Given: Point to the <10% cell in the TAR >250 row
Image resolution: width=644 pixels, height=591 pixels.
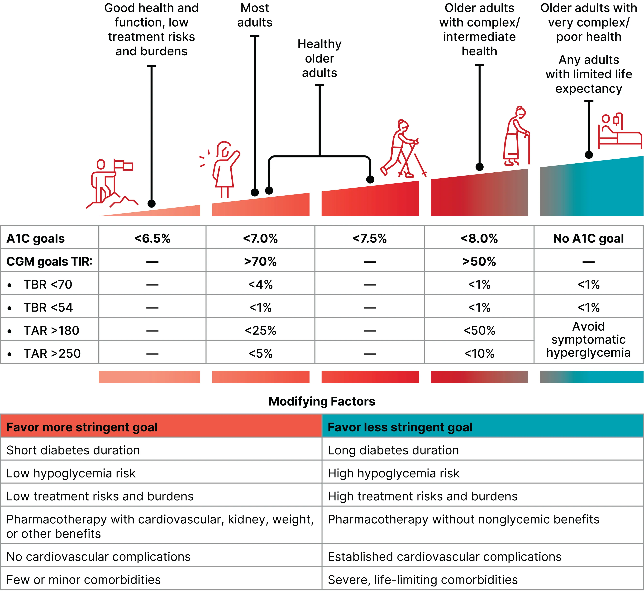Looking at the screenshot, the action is (x=479, y=353).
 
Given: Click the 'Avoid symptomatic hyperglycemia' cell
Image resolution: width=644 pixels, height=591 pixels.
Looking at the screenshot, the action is (x=588, y=340).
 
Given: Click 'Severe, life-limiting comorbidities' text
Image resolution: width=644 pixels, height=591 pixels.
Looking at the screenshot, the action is (x=423, y=579).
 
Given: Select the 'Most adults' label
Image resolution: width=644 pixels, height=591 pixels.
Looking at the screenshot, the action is (x=255, y=15).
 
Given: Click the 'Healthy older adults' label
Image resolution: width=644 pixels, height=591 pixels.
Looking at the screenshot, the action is (x=319, y=59).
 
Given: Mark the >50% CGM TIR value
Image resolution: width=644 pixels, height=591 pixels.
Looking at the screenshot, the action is (x=479, y=262).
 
